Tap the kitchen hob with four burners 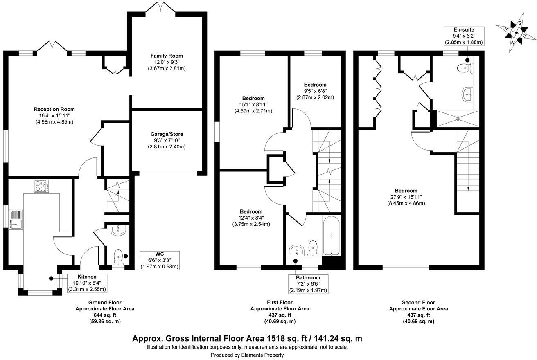tap(42, 187)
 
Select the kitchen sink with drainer tap(16, 220)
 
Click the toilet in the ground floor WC tap(118, 257)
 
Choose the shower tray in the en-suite tap(458, 119)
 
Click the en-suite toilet tap(465, 67)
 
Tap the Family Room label tap(167, 56)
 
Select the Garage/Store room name tap(167, 134)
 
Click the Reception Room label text tap(54, 109)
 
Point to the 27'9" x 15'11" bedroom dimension tap(406, 197)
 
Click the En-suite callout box tap(464, 36)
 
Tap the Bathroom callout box tap(309, 284)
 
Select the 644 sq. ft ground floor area tap(104, 315)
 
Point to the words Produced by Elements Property tap(247, 355)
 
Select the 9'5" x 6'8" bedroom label tap(315, 91)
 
